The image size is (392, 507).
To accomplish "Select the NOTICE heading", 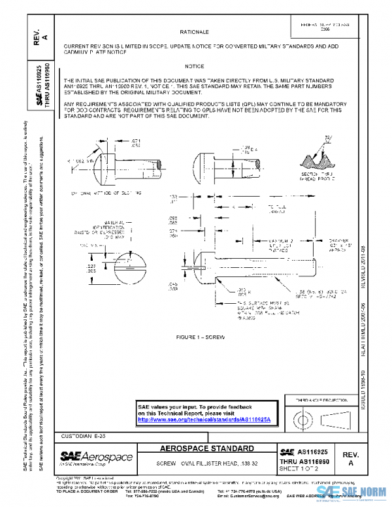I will pos(194,67).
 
